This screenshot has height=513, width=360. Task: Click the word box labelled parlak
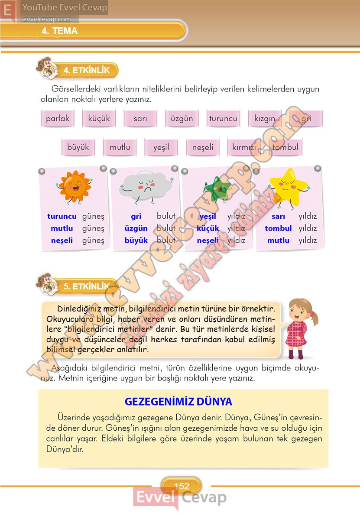coord(58,119)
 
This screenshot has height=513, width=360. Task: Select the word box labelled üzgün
coord(182,119)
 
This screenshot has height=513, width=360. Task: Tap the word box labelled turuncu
coord(223,119)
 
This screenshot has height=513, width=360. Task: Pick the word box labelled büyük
coord(78,147)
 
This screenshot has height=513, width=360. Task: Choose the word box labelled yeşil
coord(161,147)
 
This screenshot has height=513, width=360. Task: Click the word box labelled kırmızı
coord(244,147)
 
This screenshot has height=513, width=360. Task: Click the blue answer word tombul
coord(278,228)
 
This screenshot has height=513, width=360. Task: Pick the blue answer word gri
coord(136,216)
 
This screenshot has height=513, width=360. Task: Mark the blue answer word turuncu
coord(62,216)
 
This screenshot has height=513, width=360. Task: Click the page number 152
coord(182,486)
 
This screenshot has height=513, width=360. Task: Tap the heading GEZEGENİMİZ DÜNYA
coord(178,401)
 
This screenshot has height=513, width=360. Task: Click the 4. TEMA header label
coord(59,31)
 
